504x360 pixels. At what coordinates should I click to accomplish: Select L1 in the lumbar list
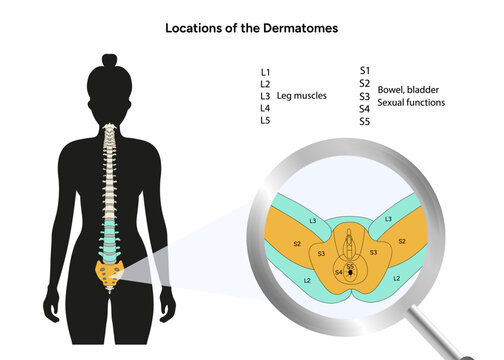pos(264,72)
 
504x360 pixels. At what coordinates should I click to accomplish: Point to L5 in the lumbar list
pos(264,120)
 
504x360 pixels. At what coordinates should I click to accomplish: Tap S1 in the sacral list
pos(364,71)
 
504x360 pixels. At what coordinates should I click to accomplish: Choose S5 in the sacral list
pos(364,121)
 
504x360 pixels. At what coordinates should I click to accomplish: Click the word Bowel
pos(392,89)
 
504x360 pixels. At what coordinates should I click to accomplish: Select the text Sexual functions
pos(412,102)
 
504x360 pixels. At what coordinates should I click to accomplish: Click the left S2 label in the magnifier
pos(296,243)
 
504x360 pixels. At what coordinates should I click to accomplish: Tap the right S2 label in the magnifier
pos(402,241)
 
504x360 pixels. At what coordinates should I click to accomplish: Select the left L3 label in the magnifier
pos(313,218)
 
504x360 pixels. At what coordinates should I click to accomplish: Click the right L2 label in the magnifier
pos(397,277)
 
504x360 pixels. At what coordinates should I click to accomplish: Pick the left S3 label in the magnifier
pos(321,254)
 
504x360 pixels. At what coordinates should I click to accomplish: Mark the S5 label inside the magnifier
pos(350,266)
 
